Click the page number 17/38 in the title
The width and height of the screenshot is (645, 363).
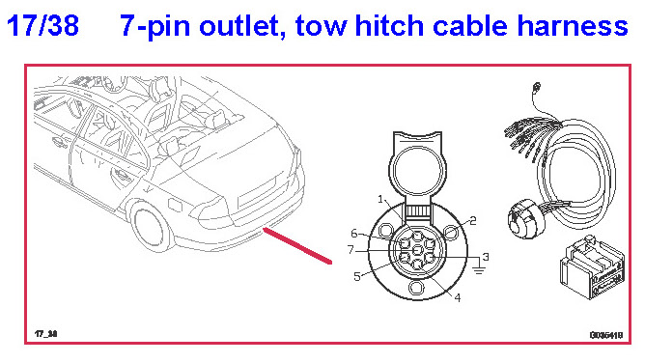point(42,25)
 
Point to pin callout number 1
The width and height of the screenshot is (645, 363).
point(380,200)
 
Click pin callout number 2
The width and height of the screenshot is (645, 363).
point(472,221)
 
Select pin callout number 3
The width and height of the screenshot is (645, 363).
point(486,257)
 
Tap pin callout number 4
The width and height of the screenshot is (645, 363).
point(457,297)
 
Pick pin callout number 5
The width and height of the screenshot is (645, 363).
point(357,277)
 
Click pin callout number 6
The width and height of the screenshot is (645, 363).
point(354,234)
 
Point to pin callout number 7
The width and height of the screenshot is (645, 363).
point(351,249)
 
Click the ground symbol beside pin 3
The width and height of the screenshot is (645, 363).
point(478,269)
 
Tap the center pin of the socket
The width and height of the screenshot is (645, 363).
point(417,249)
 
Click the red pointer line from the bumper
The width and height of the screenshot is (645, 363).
point(297,245)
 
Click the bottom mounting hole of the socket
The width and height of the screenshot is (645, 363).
point(417,287)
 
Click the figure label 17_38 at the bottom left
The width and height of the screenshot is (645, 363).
point(45,334)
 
